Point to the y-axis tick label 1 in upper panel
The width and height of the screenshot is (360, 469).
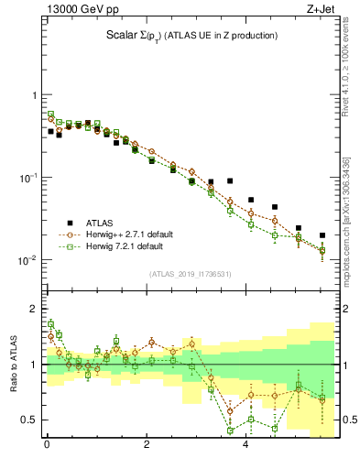[x=32, y=96]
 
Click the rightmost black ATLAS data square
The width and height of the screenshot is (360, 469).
[x=322, y=235]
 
